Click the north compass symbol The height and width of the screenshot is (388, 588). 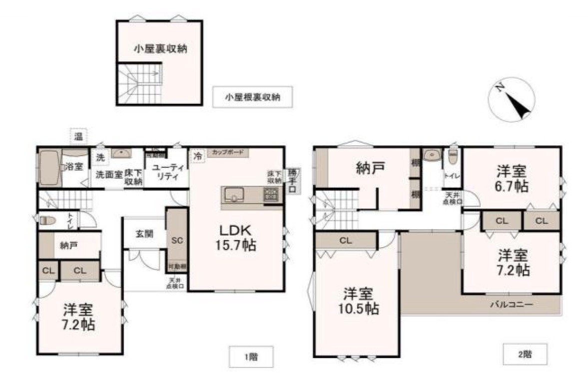[512, 99]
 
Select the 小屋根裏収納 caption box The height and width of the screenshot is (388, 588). [252, 97]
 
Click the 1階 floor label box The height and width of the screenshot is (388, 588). [251, 356]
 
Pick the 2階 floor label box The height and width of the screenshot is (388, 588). [525, 355]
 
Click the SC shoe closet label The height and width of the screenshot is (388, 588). [177, 240]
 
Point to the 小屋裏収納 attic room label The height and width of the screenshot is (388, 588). [160, 48]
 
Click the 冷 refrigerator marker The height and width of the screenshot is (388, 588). [198, 156]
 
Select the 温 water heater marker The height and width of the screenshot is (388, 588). [78, 135]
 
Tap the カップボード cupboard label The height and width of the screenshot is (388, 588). [227, 151]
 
